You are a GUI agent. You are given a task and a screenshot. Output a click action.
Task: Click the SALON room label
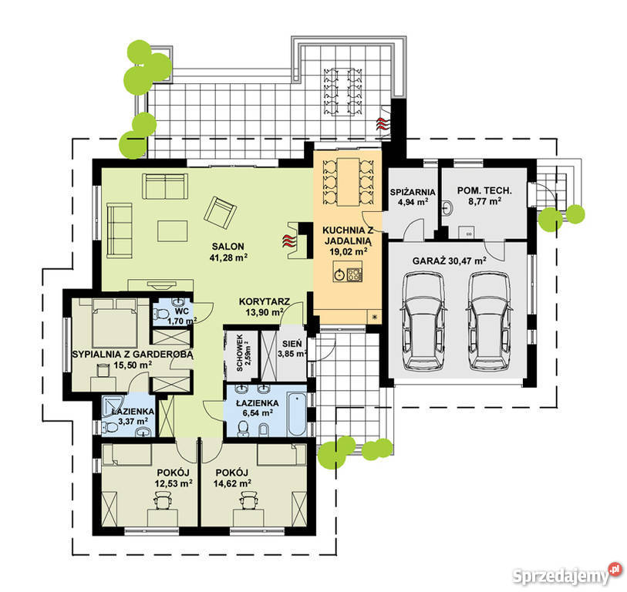tap(228, 247)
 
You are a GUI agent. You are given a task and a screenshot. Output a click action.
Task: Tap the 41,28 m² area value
tap(228, 257)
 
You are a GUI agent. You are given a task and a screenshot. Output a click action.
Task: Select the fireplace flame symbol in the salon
tap(288, 240)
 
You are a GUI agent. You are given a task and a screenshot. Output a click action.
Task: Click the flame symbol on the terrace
tap(382, 123)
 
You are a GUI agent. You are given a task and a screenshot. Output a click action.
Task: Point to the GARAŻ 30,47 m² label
tap(449, 261)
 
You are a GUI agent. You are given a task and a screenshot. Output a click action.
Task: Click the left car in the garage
tap(423, 320)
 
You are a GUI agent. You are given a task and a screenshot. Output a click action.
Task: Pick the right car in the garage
tap(490, 320)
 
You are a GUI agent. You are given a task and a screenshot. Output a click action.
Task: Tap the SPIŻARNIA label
tap(413, 192)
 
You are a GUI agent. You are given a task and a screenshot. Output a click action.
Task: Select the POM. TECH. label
tap(484, 190)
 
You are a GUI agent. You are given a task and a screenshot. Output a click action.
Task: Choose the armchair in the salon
tap(220, 212)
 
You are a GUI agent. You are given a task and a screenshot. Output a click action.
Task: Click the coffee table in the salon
tap(172, 231)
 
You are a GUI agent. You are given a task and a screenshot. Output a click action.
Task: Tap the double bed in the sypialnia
tap(115, 323)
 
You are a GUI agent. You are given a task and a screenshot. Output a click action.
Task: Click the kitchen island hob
tap(354, 274)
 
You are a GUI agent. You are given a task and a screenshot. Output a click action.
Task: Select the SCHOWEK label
tap(240, 352)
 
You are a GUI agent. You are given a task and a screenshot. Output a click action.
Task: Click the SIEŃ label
tap(292, 344)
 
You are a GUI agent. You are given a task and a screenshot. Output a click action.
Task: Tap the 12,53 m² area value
tap(174, 483)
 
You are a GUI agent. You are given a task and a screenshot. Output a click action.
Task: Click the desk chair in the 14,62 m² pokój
tap(247, 500)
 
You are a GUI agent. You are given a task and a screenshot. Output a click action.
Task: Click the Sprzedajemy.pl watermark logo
tap(568, 574)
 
